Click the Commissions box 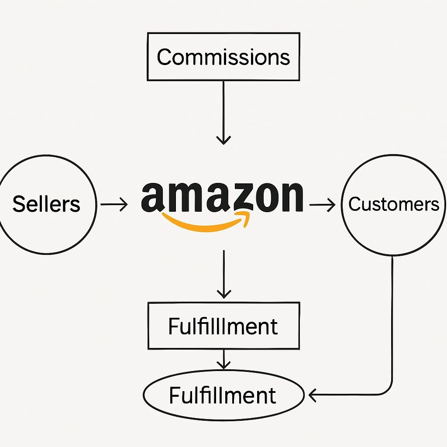[223, 57]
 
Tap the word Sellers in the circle [46, 204]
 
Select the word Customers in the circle [394, 204]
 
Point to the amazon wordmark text [222, 196]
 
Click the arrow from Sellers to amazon [114, 204]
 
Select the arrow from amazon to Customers [322, 204]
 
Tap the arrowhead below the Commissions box [223, 140]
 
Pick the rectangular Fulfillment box [223, 326]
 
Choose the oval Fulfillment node [223, 395]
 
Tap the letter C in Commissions [163, 57]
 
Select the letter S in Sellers [19, 204]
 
